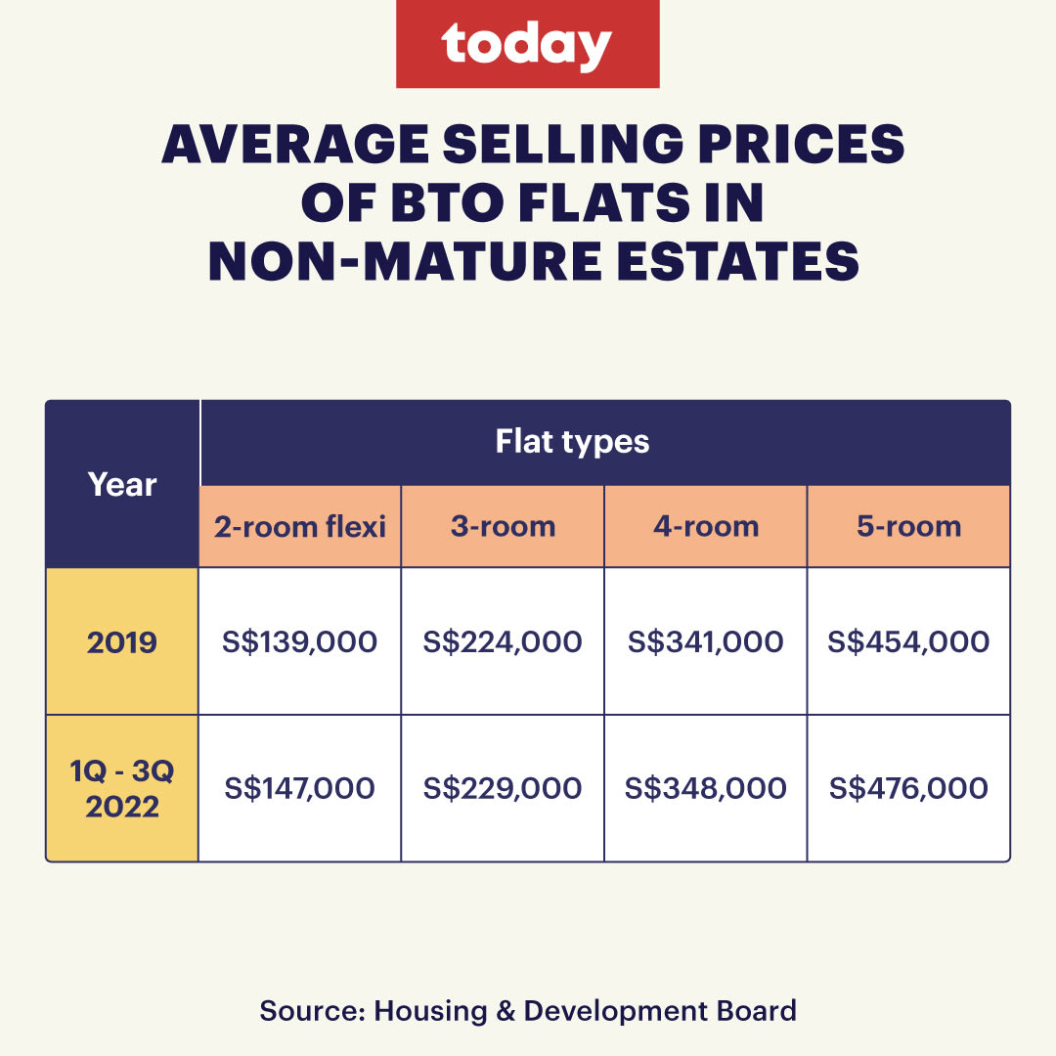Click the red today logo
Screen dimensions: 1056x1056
point(527,45)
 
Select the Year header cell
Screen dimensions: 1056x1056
point(122,484)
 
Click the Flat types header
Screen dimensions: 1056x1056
point(572,441)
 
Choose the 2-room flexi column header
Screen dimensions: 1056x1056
point(300,527)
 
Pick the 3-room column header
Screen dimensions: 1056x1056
point(503,527)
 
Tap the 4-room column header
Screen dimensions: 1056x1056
point(706,527)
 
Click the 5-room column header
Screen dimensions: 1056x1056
point(908,527)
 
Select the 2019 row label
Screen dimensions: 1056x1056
point(122,641)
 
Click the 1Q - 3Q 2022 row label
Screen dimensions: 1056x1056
point(122,788)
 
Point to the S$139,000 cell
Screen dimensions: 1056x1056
point(300,641)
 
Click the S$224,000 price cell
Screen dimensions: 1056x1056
point(503,641)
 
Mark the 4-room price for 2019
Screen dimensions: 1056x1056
point(706,641)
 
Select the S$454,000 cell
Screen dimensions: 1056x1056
point(908,641)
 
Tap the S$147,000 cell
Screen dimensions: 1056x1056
point(300,788)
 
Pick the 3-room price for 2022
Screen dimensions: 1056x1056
point(503,788)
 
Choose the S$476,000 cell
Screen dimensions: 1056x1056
point(908,788)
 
